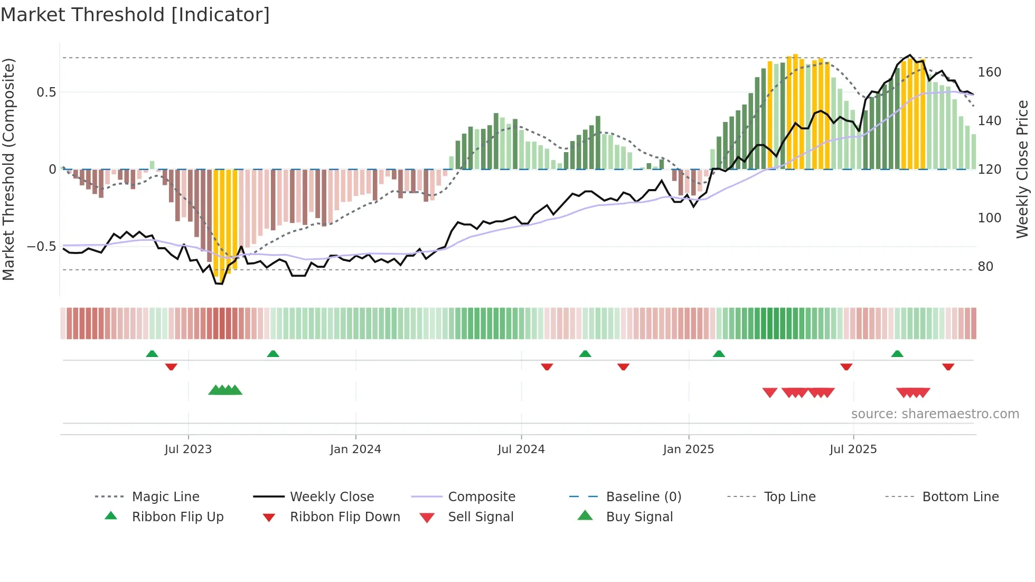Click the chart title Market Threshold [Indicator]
pyautogui.click(x=135, y=15)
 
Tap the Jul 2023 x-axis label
pyautogui.click(x=188, y=449)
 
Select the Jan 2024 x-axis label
pyautogui.click(x=355, y=449)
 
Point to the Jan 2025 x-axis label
pyautogui.click(x=689, y=449)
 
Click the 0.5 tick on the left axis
pyautogui.click(x=46, y=92)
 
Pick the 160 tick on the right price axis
pyautogui.click(x=989, y=72)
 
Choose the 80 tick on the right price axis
pyautogui.click(x=985, y=267)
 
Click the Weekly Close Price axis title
pyautogui.click(x=1022, y=169)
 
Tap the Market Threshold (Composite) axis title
pyautogui.click(x=8, y=169)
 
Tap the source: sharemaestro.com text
pyautogui.click(x=935, y=414)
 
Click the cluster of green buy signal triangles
pyautogui.click(x=225, y=390)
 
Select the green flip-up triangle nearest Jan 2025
pyautogui.click(x=719, y=354)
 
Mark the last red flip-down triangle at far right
pyautogui.click(x=948, y=367)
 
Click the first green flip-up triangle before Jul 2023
pyautogui.click(x=152, y=354)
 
